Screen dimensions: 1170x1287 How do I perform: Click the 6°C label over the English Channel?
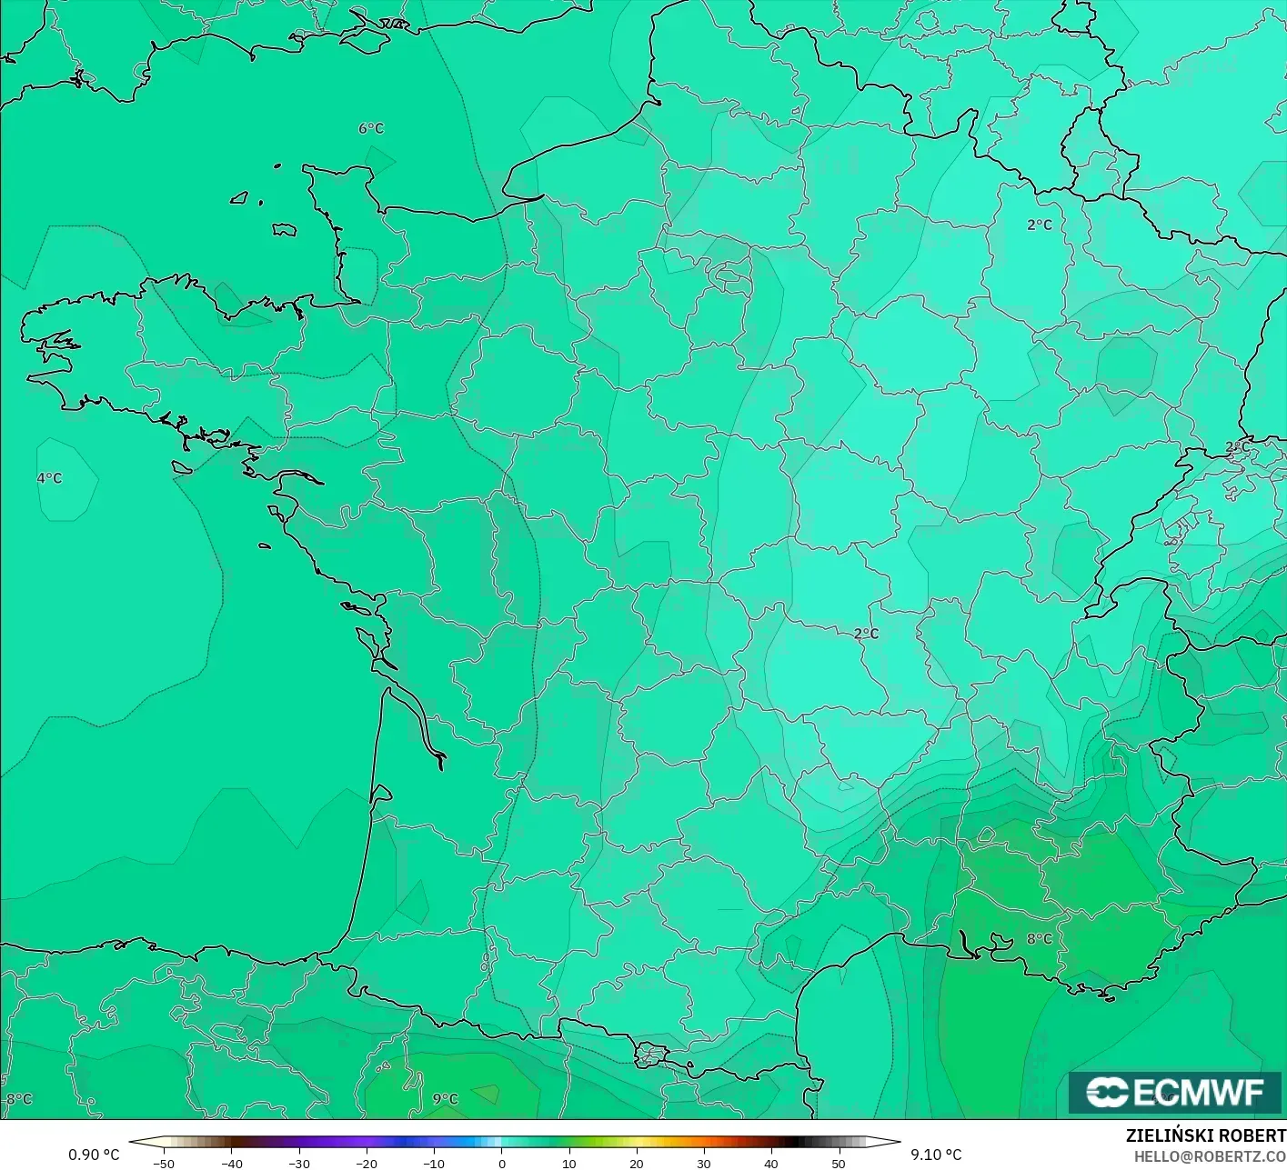pyautogui.click(x=371, y=128)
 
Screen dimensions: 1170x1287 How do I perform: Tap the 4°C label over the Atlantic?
pyautogui.click(x=49, y=478)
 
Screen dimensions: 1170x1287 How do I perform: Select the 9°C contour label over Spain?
pyautogui.click(x=445, y=1098)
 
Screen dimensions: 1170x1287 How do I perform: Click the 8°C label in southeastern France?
pyautogui.click(x=1039, y=938)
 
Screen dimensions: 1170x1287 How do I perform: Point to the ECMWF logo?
pyautogui.click(x=1174, y=1092)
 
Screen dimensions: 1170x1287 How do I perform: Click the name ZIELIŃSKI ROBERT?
pyautogui.click(x=1205, y=1135)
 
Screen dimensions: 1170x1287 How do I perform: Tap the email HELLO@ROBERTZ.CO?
pyautogui.click(x=1209, y=1155)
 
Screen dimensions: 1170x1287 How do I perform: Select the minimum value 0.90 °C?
pyautogui.click(x=94, y=1155)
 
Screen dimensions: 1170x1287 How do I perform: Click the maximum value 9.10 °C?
pyautogui.click(x=936, y=1155)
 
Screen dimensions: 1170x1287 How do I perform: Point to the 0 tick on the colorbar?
pyautogui.click(x=501, y=1163)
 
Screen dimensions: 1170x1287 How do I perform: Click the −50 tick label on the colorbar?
pyautogui.click(x=164, y=1163)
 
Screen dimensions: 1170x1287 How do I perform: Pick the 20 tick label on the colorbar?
pyautogui.click(x=636, y=1163)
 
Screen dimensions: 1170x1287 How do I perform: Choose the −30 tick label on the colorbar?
pyautogui.click(x=298, y=1163)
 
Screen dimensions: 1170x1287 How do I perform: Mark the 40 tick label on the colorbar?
pyautogui.click(x=770, y=1163)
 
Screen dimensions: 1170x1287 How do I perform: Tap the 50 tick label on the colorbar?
pyautogui.click(x=838, y=1163)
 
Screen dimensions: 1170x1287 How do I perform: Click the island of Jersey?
pyautogui.click(x=285, y=230)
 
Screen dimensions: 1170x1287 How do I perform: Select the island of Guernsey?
pyautogui.click(x=240, y=197)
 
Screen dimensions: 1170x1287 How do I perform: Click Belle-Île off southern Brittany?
pyautogui.click(x=182, y=467)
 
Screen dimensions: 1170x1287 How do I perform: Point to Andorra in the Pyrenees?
pyautogui.click(x=652, y=1055)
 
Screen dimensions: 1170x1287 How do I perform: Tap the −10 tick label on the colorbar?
pyautogui.click(x=433, y=1163)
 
